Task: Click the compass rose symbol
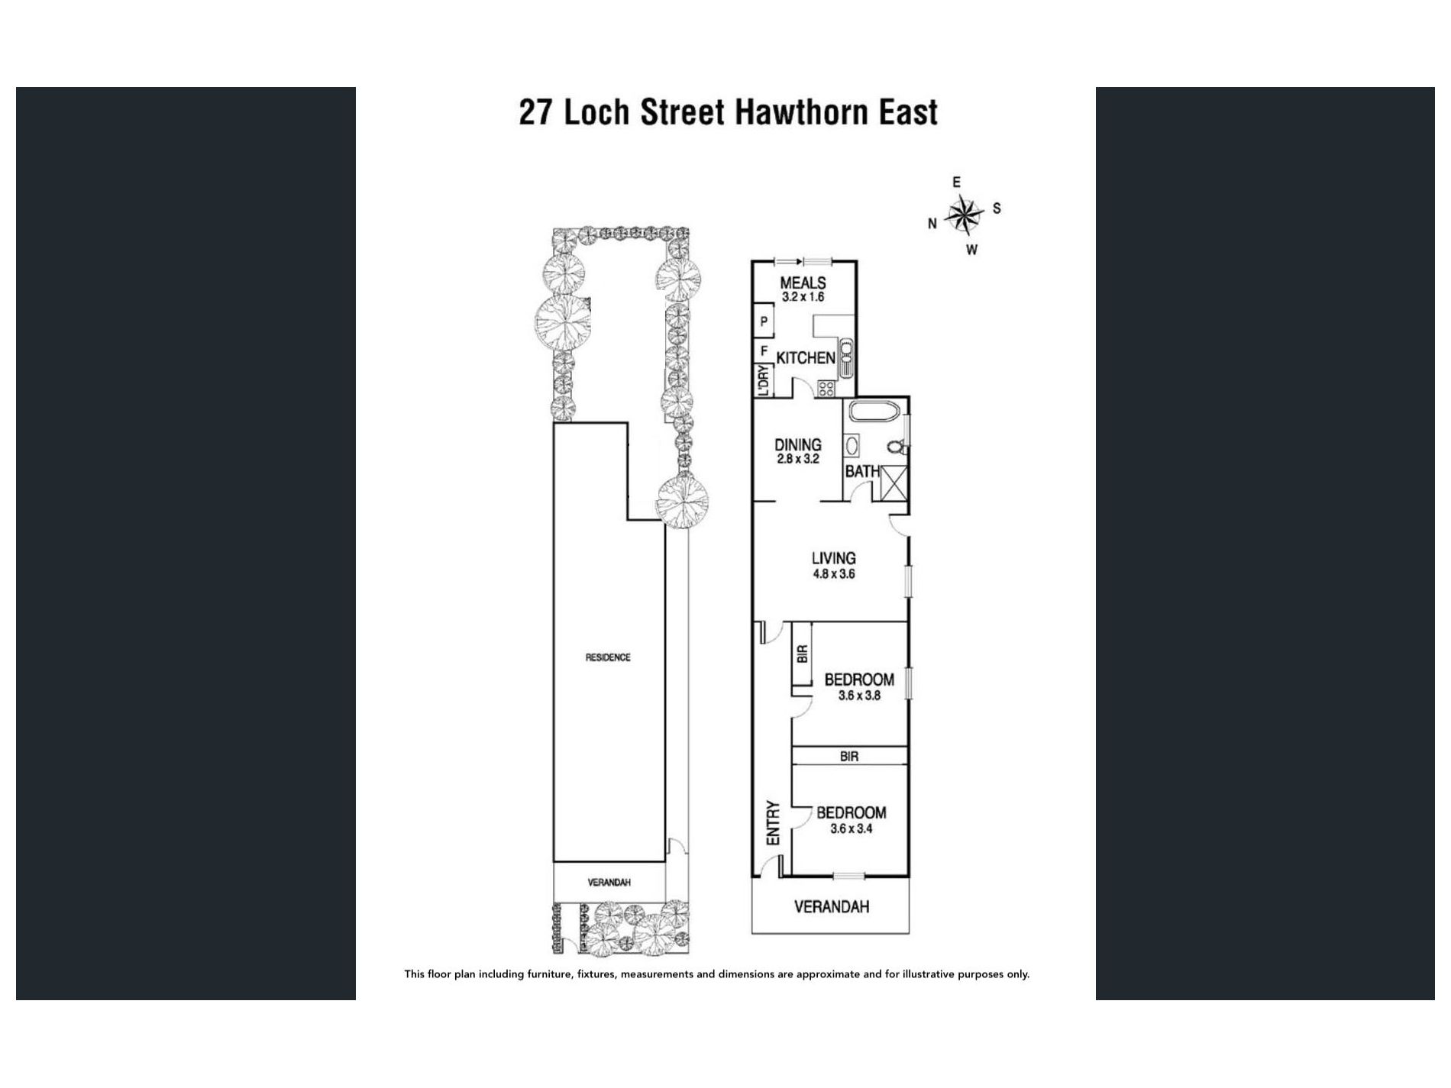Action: point(964,215)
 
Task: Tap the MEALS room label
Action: point(803,283)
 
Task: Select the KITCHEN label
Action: point(806,357)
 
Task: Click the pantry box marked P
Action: point(764,321)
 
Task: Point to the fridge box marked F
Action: point(764,351)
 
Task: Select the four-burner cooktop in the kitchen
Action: point(826,389)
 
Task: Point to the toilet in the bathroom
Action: point(897,445)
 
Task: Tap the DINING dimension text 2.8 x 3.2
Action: point(798,459)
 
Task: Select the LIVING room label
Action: point(833,558)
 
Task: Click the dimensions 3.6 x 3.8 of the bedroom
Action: point(859,696)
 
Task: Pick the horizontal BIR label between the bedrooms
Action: point(849,757)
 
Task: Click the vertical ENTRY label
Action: point(773,822)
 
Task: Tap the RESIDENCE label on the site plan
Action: point(608,657)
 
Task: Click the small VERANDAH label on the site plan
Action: point(609,883)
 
